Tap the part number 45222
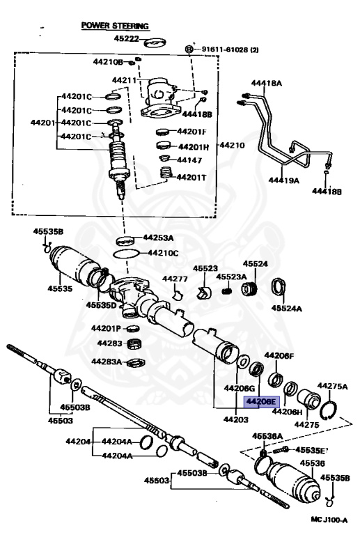tap(128, 40)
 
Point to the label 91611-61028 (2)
tap(230, 49)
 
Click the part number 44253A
tap(159, 238)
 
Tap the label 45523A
tap(230, 277)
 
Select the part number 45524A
tap(286, 307)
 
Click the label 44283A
tap(107, 362)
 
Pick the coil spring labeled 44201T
tap(166, 173)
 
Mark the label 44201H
tap(193, 147)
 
